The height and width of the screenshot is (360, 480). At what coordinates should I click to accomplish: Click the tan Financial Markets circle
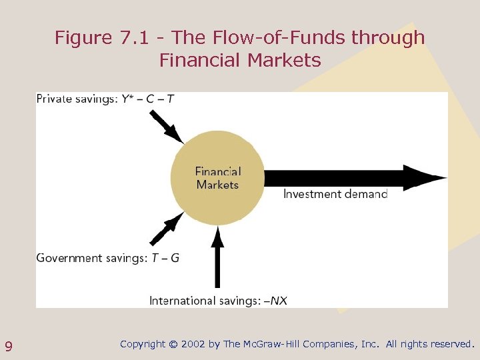[217, 177]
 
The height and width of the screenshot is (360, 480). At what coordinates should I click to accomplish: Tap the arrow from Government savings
[166, 229]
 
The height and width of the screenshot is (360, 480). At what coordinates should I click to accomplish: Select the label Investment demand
[335, 194]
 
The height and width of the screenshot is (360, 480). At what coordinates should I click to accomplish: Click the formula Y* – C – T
[148, 99]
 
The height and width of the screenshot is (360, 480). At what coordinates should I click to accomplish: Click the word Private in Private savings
[53, 99]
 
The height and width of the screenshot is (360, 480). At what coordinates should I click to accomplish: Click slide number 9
[9, 346]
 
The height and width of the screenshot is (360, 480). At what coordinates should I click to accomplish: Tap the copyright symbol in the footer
[173, 345]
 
